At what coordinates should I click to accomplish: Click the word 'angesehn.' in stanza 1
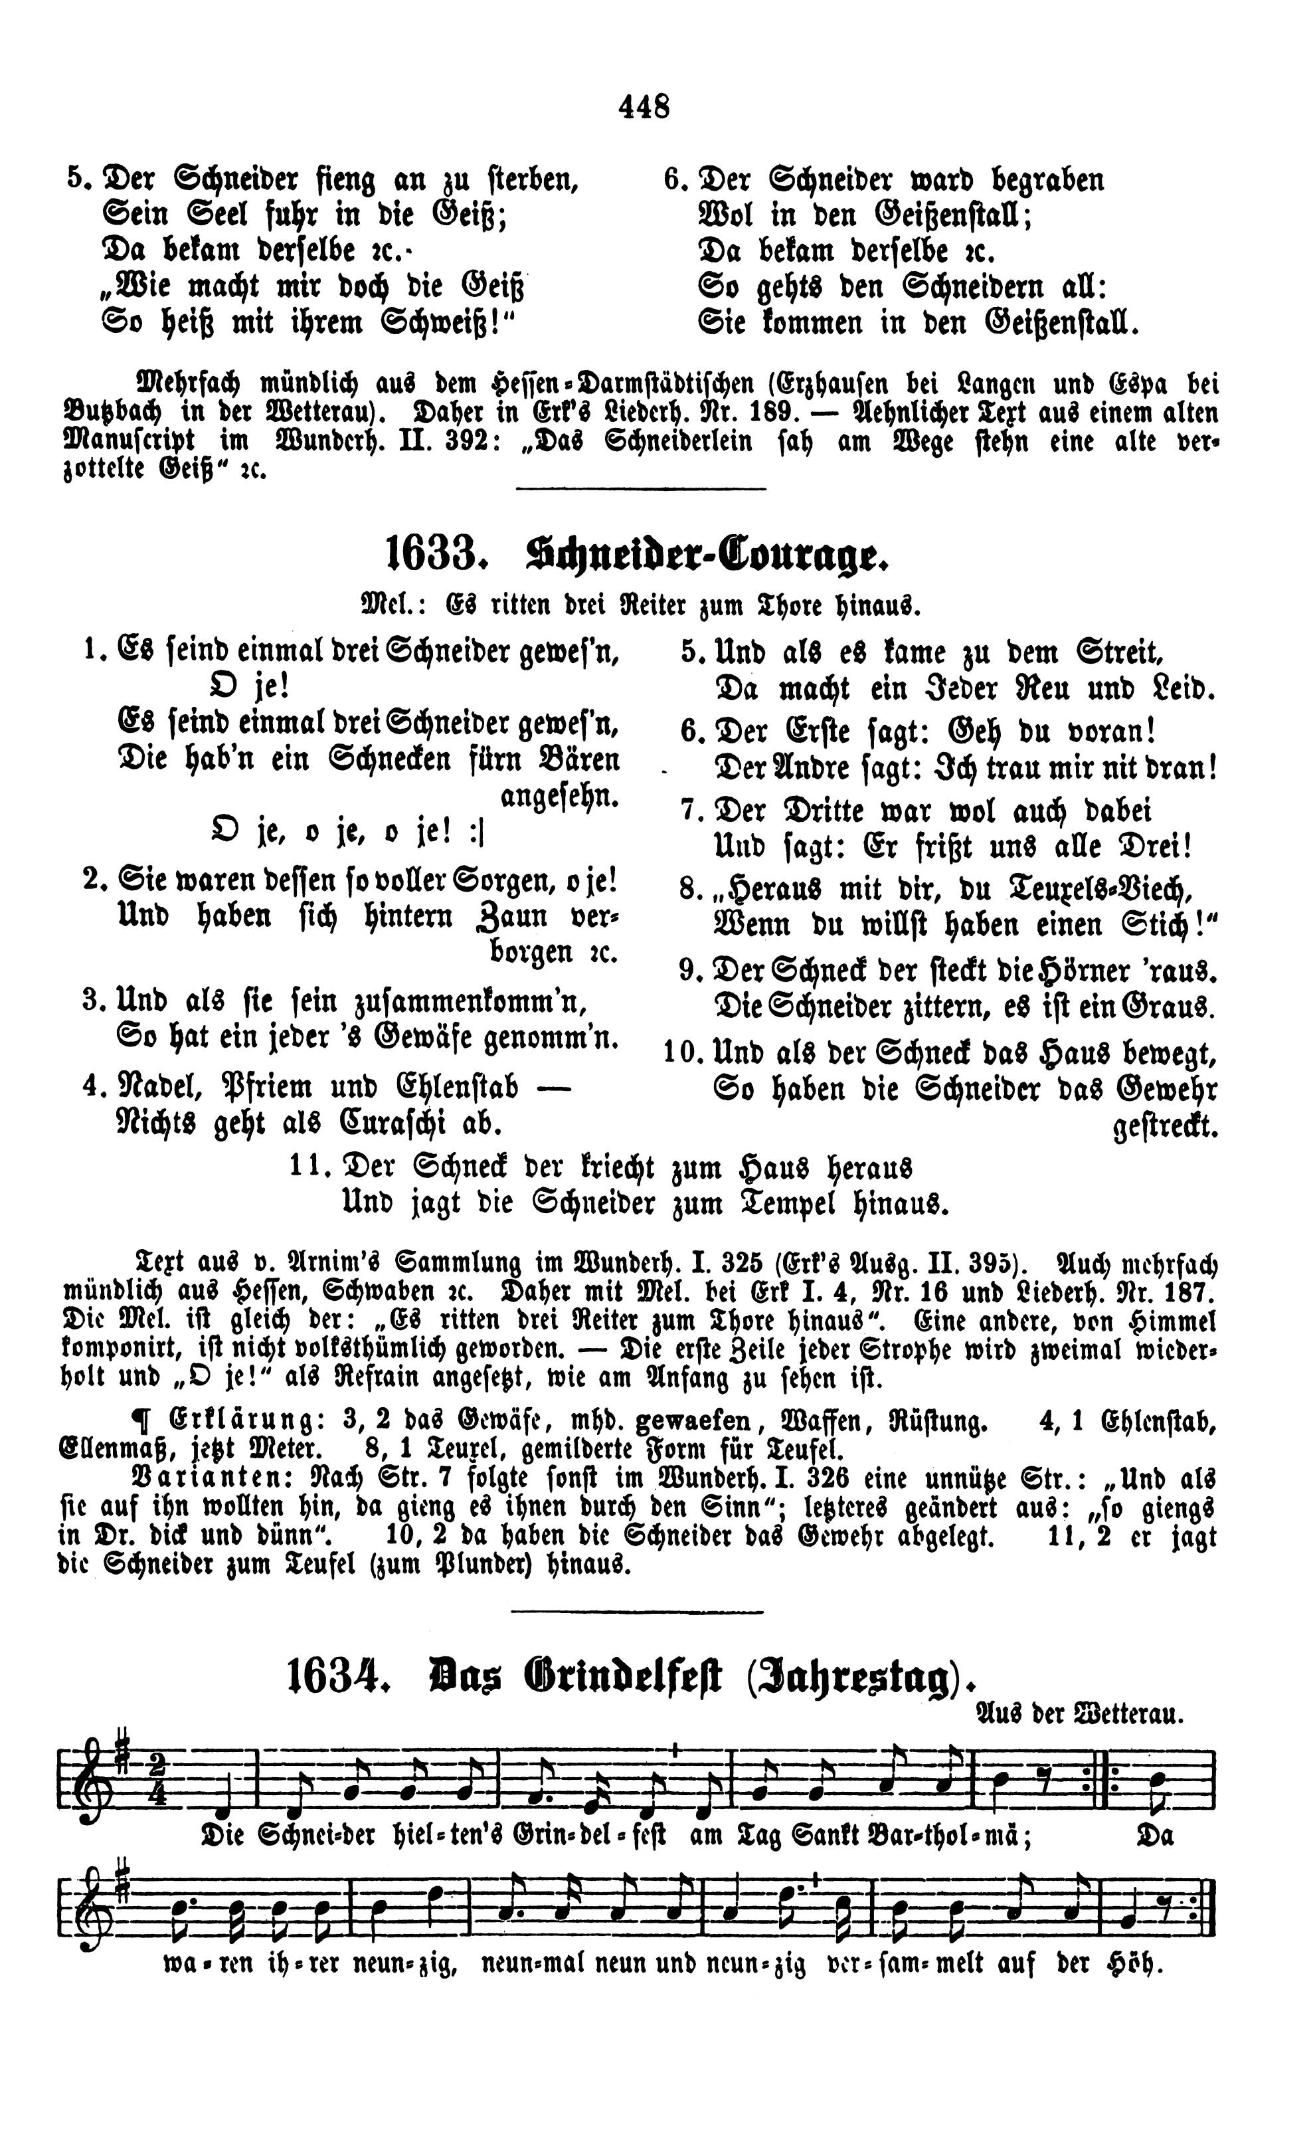tap(559, 796)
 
